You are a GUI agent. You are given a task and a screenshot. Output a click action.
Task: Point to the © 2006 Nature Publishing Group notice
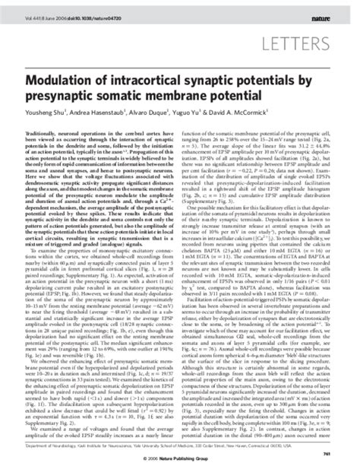[181, 458]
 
